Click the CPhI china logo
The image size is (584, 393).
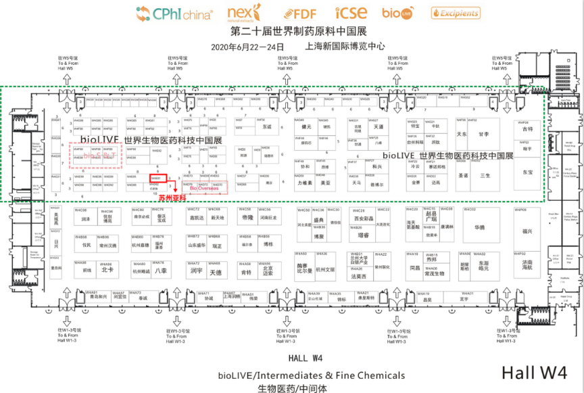[174, 13]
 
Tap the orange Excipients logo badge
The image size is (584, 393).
[456, 12]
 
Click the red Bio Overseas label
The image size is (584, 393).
[203, 189]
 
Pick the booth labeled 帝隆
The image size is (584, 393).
[245, 218]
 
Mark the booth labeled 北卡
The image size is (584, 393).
[106, 270]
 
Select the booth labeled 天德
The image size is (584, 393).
[216, 273]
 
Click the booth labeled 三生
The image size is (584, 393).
[485, 175]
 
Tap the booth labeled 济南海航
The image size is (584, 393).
[527, 266]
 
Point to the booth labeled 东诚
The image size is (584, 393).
[266, 126]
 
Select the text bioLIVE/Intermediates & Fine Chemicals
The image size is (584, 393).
[312, 375]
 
